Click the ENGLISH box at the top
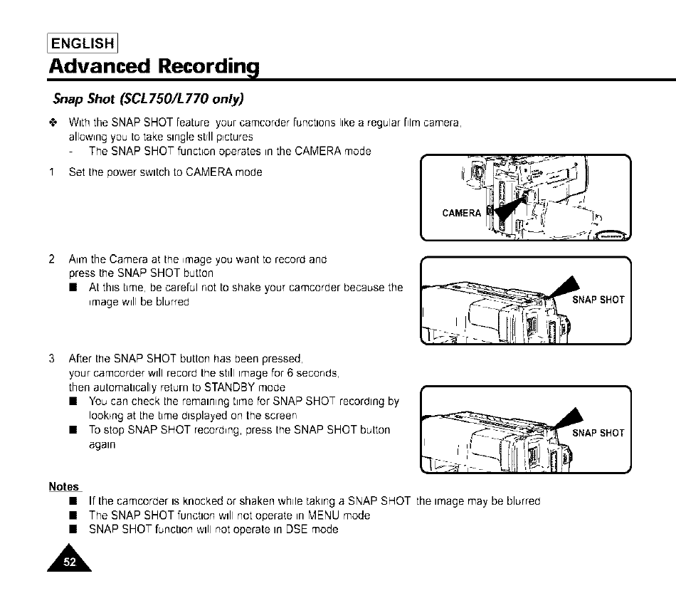[83, 42]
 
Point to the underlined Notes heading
[63, 487]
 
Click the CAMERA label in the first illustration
[462, 213]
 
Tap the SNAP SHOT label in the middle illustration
[598, 300]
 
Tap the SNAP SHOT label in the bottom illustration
[598, 433]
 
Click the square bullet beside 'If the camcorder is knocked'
[73, 501]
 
